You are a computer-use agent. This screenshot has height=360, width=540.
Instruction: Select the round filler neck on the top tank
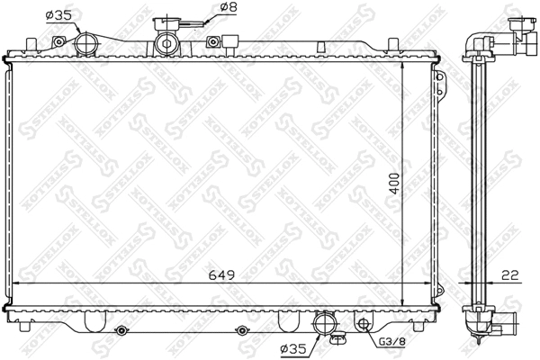[x=166, y=41]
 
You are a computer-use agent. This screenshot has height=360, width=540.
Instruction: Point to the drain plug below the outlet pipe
[x=337, y=339]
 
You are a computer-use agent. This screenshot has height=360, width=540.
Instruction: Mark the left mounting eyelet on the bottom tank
[x=119, y=331]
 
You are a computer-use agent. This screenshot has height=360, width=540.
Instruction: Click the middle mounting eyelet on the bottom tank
[x=240, y=331]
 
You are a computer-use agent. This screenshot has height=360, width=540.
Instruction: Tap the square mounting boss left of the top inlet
[x=60, y=40]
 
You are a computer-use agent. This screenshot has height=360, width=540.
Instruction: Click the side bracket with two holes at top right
[x=441, y=83]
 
